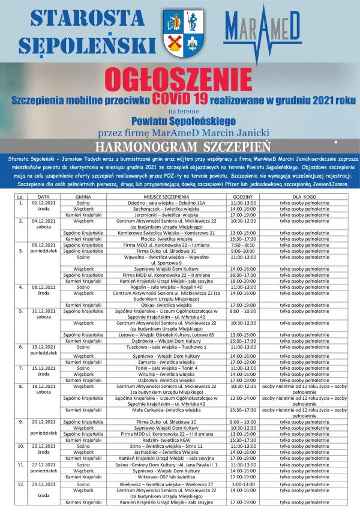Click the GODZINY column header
click(x=243, y=196)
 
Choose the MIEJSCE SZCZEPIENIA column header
click(x=166, y=196)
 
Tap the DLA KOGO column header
click(x=304, y=196)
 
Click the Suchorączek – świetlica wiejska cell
click(x=166, y=208)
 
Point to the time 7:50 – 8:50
click(x=243, y=245)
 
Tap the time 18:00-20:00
click(x=243, y=281)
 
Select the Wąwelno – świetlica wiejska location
click(x=166, y=257)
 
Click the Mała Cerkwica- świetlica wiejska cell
click(x=166, y=410)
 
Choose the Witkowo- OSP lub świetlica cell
click(x=166, y=477)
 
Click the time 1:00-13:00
click(x=243, y=484)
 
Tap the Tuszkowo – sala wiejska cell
click(x=166, y=347)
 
